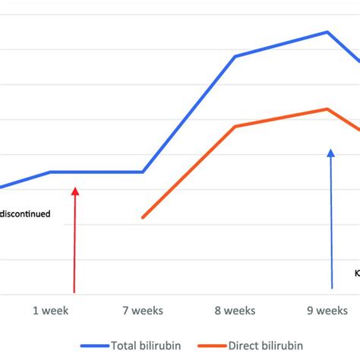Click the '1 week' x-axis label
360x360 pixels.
click(50, 311)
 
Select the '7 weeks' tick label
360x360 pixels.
click(143, 311)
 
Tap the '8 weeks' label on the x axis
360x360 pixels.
click(235, 311)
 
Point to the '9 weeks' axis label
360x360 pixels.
click(327, 311)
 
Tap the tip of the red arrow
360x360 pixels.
click(74, 189)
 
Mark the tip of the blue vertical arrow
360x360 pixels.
click(330, 150)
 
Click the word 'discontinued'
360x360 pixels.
click(26, 214)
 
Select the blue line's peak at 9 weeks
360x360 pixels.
click(327, 32)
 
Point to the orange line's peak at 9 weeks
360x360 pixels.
click(327, 109)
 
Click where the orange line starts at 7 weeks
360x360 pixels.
click(143, 218)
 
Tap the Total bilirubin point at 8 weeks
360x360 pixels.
click(235, 56)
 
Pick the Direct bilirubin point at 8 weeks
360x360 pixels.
click(235, 126)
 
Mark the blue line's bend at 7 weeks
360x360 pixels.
click(143, 172)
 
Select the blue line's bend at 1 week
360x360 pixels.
click(50, 172)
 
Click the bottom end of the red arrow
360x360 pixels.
click(74, 292)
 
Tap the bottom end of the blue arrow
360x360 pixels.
click(332, 288)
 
